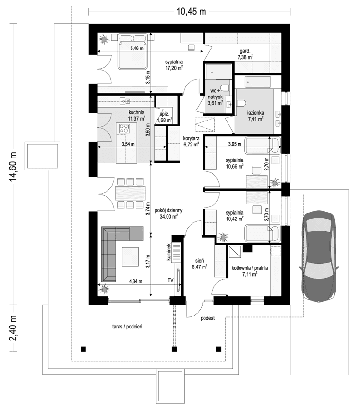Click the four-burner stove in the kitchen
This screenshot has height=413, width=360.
[x=125, y=128]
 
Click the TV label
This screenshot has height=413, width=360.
[x=170, y=279]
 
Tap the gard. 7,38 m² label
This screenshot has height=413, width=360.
[x=245, y=53]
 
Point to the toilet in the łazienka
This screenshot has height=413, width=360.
[x=241, y=102]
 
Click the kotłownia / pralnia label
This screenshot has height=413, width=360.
[x=250, y=270]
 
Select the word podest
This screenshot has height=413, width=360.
[x=207, y=318]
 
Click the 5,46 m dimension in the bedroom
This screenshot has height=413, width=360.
[x=137, y=49]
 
